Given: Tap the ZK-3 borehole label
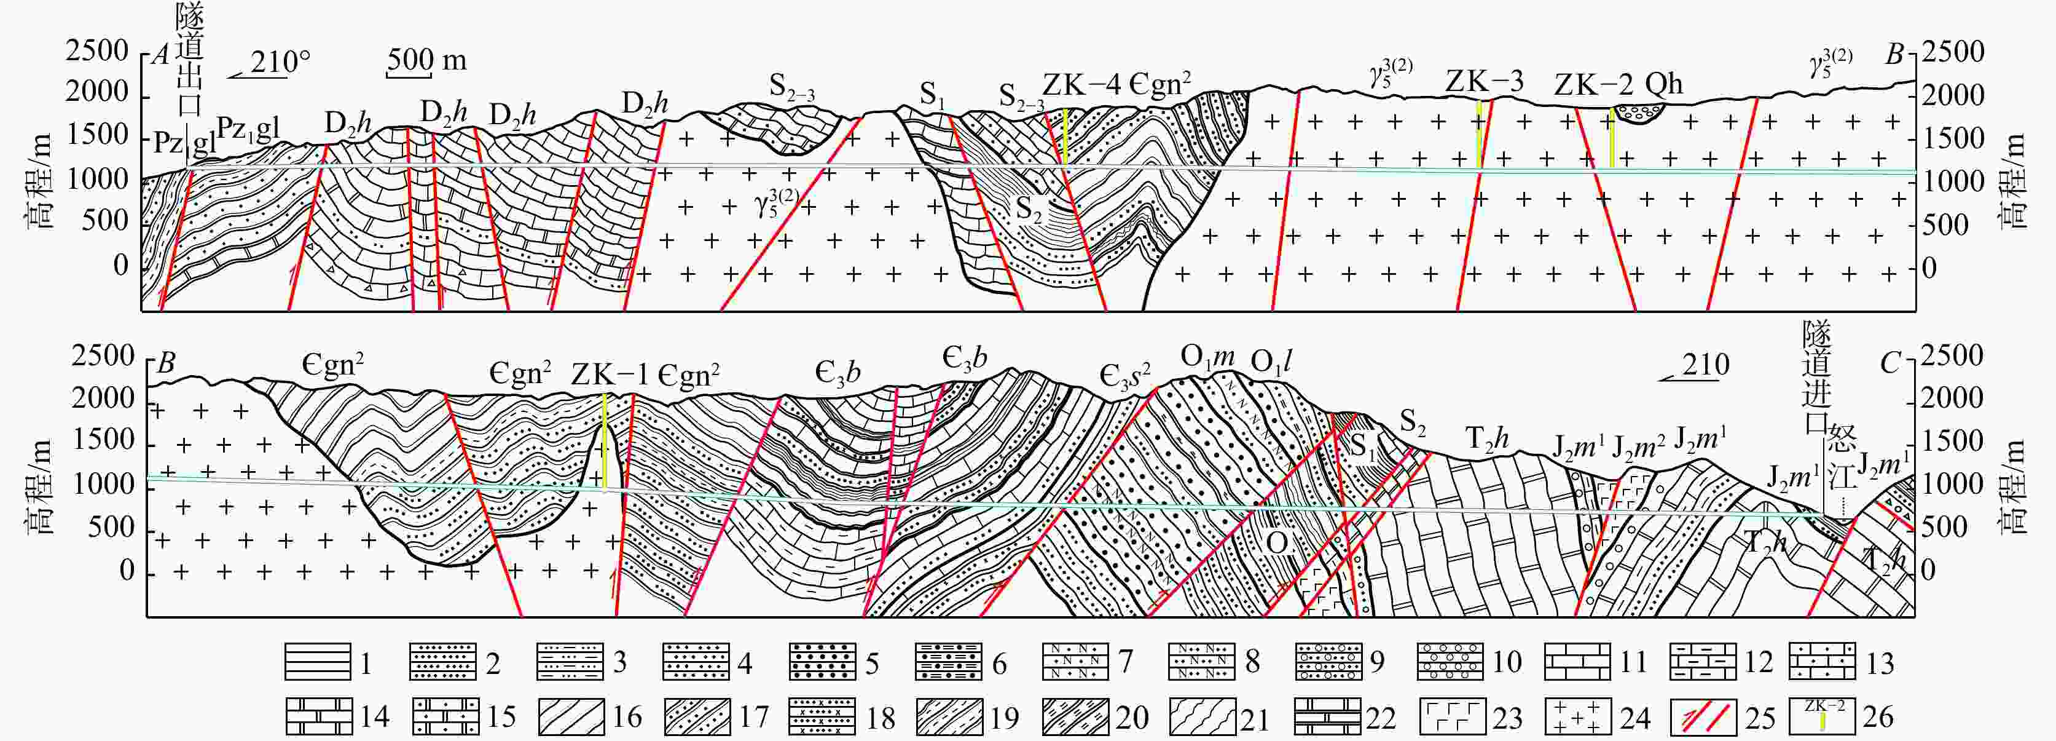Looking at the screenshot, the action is (x=1484, y=81).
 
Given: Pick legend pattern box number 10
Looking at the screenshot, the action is (x=1450, y=662).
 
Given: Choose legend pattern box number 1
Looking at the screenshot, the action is (x=317, y=662).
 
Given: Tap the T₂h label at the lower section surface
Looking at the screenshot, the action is (x=1487, y=438).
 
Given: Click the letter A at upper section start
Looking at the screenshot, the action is (x=163, y=56).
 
